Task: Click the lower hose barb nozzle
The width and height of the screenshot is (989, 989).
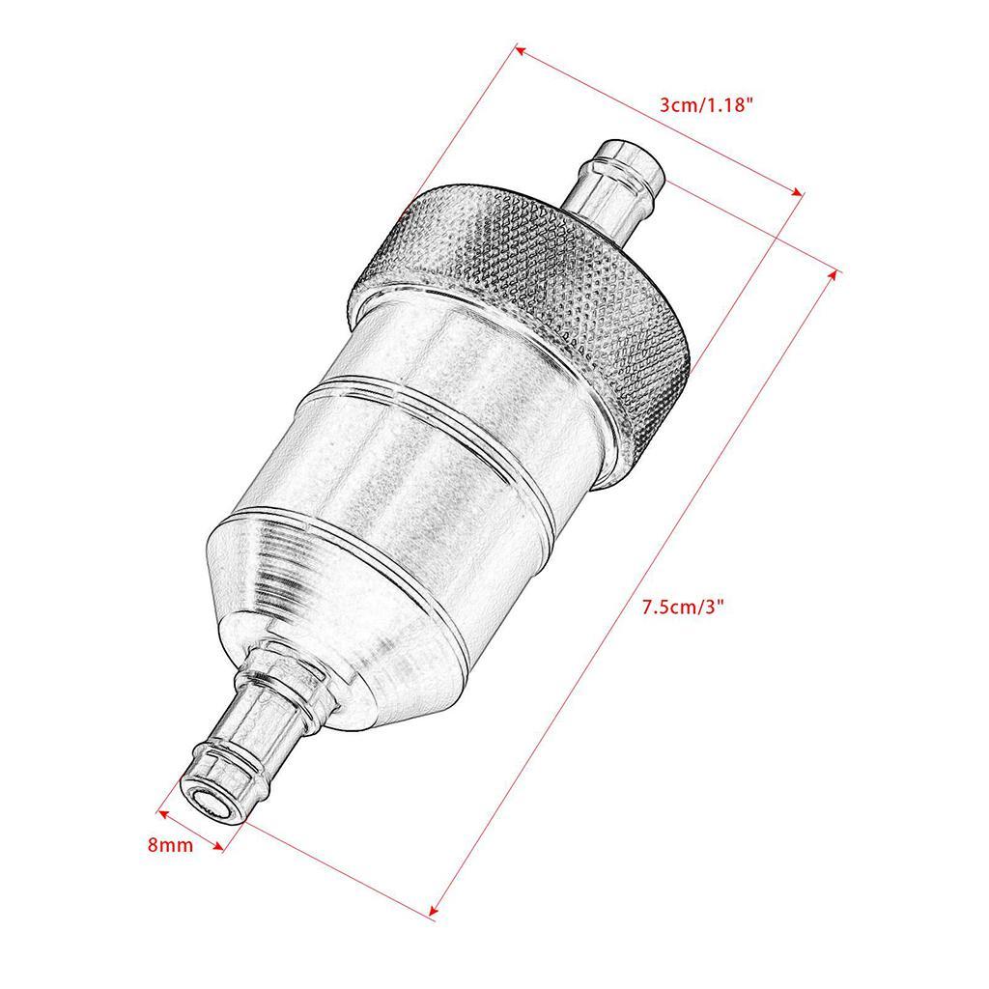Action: (241, 734)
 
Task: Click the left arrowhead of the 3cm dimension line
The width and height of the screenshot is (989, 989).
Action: (519, 48)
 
